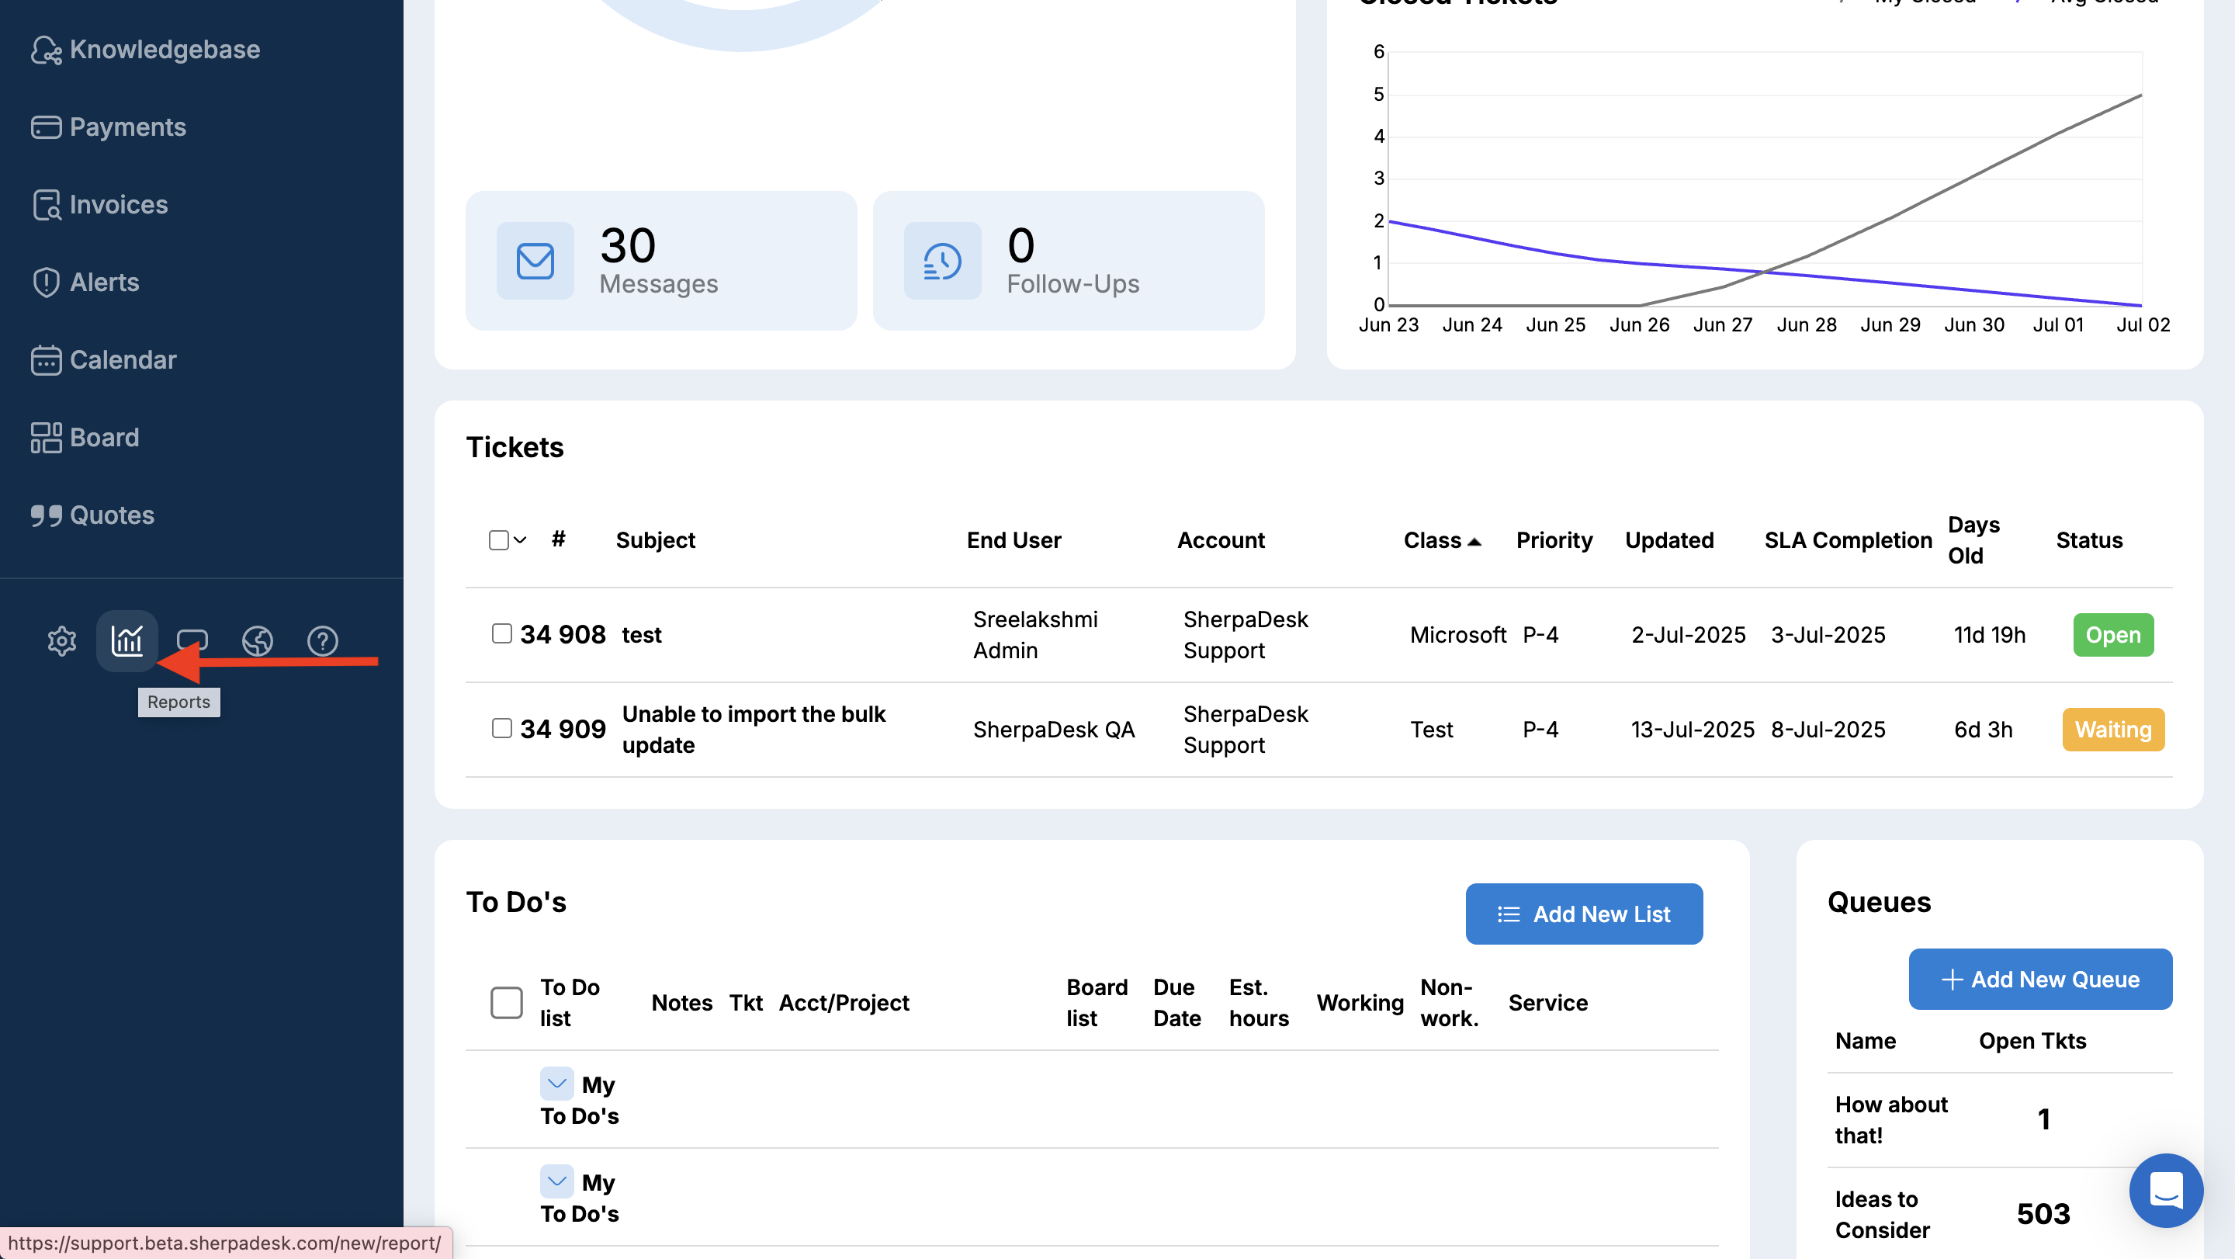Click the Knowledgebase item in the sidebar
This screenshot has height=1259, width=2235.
[x=146, y=50]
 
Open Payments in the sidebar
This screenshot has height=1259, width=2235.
[x=109, y=127]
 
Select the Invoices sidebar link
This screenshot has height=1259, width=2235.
[x=101, y=205]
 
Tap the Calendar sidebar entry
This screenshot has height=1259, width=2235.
[x=104, y=360]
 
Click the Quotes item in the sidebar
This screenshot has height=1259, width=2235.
[x=93, y=515]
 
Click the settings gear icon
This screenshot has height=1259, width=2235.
[x=61, y=641]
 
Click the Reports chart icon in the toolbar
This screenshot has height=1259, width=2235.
[x=126, y=641]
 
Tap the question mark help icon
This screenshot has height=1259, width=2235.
[x=323, y=641]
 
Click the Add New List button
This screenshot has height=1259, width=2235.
[x=1583, y=914]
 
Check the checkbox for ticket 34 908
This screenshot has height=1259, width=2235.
[x=501, y=633]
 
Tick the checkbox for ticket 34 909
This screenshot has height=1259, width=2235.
[x=501, y=728]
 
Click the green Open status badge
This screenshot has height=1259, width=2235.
[x=2112, y=635]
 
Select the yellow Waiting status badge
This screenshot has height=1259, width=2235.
[x=2112, y=730]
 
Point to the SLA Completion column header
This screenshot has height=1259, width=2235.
[x=1848, y=539]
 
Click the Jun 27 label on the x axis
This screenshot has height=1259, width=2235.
[x=1722, y=324]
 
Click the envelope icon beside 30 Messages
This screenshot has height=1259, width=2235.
[x=535, y=261]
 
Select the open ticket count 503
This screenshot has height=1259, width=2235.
[x=2043, y=1214]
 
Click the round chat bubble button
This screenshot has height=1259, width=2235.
[x=2166, y=1190]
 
